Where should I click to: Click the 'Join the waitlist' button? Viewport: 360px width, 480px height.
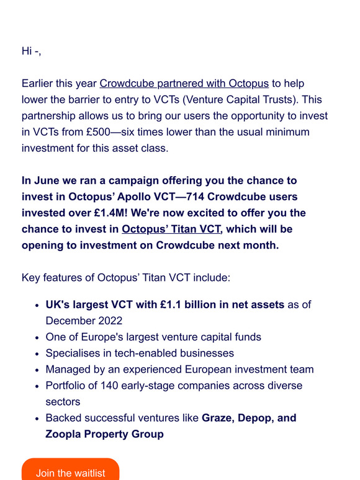pyautogui.click(x=70, y=471)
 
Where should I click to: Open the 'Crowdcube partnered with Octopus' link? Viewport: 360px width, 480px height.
pyautogui.click(x=184, y=84)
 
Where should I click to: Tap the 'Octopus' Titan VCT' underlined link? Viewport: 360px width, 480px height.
pyautogui.click(x=171, y=229)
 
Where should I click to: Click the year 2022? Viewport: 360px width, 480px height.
pyautogui.click(x=109, y=321)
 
